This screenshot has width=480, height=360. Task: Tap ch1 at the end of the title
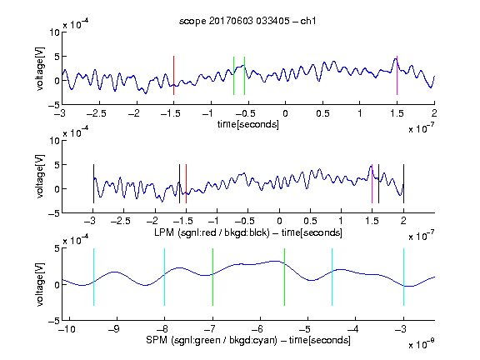[308, 21]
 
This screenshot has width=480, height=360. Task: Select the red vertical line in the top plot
[173, 75]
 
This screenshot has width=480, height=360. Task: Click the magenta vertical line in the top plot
[397, 75]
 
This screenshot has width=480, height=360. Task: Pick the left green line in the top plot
[233, 76]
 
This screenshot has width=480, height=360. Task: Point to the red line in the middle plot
[186, 183]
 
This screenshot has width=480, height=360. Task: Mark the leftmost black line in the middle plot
[93, 183]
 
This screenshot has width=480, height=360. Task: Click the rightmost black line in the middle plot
[403, 183]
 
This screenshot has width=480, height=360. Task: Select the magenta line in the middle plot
[372, 183]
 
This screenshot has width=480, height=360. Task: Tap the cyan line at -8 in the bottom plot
[165, 277]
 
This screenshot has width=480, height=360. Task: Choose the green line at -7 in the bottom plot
[212, 277]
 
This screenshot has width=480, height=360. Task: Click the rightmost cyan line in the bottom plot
[403, 277]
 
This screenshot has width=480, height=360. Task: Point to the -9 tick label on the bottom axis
[114, 329]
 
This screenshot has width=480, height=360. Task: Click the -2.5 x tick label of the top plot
[97, 113]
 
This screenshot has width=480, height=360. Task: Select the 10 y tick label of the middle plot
[55, 141]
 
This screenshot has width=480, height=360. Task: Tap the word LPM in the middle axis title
[164, 232]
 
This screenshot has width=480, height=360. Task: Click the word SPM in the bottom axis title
[157, 340]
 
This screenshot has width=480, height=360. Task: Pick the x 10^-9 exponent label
[422, 343]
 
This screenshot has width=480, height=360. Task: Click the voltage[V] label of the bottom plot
[40, 284]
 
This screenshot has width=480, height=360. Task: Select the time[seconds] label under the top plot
[248, 124]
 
